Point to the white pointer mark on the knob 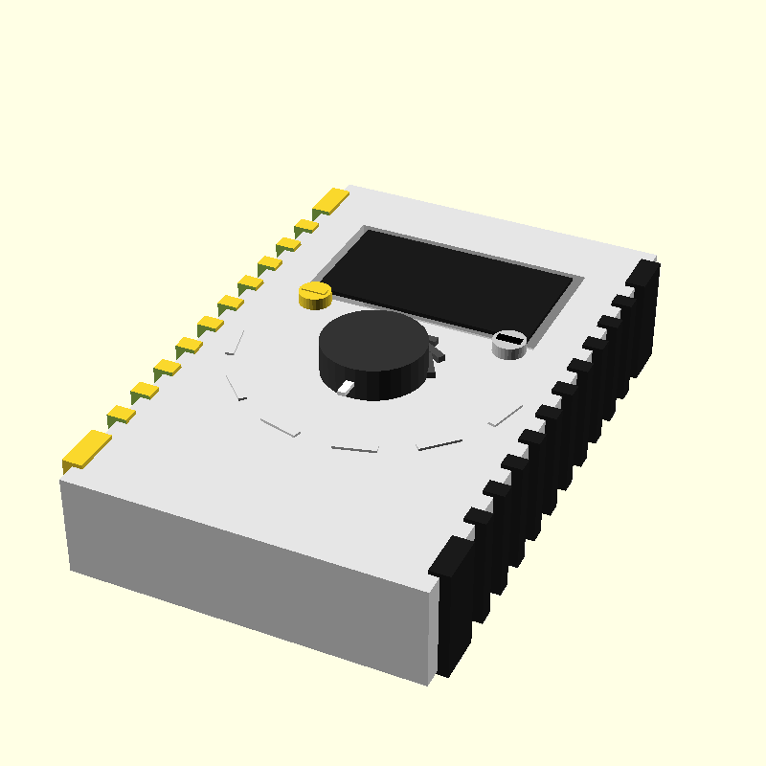point(346,387)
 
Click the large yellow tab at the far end point(331,200)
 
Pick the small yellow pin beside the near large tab point(121,414)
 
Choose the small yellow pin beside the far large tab point(306,226)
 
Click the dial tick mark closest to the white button point(506,416)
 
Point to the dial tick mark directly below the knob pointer point(354,448)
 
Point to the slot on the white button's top point(510,339)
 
